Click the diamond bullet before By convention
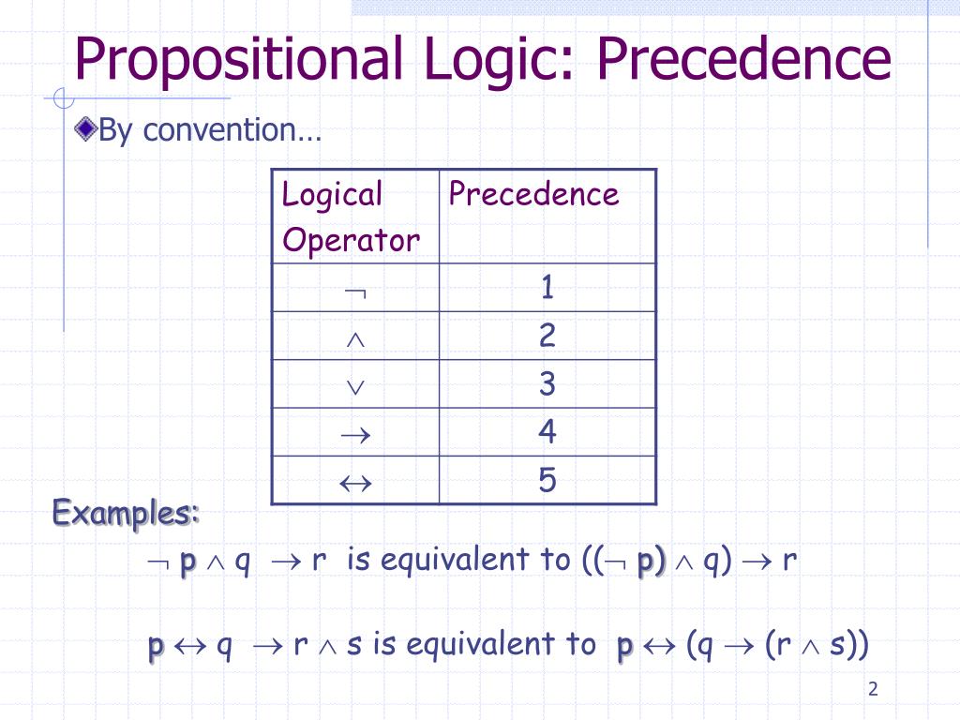86,129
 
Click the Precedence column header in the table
533,194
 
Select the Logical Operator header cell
352,217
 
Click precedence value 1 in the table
547,288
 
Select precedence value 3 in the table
547,384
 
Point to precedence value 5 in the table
547,481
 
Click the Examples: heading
126,514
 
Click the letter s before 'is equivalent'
353,645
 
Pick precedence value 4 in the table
547,432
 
